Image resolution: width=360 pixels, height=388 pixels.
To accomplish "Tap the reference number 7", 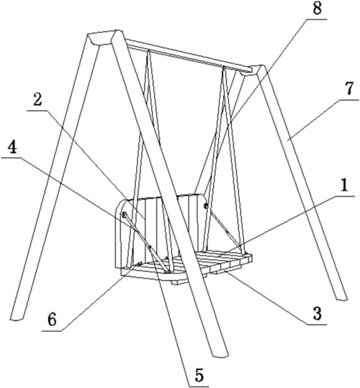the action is pyautogui.click(x=349, y=89).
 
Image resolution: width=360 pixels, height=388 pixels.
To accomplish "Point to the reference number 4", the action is pyautogui.click(x=12, y=148).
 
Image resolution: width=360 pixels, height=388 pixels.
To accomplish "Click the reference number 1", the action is pyautogui.click(x=344, y=186).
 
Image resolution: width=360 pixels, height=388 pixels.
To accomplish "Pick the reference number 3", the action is pyautogui.click(x=317, y=314).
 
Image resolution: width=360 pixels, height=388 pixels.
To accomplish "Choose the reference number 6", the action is pyautogui.click(x=53, y=320).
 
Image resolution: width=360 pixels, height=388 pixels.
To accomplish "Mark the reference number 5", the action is pyautogui.click(x=199, y=375).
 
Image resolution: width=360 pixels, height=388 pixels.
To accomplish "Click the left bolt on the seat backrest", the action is pyautogui.click(x=125, y=215).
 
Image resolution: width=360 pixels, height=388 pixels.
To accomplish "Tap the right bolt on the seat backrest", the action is pyautogui.click(x=205, y=205).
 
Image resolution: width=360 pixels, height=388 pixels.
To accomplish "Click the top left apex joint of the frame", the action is pyautogui.click(x=104, y=37).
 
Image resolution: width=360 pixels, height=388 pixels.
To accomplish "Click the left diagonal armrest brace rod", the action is pyautogui.click(x=146, y=242).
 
